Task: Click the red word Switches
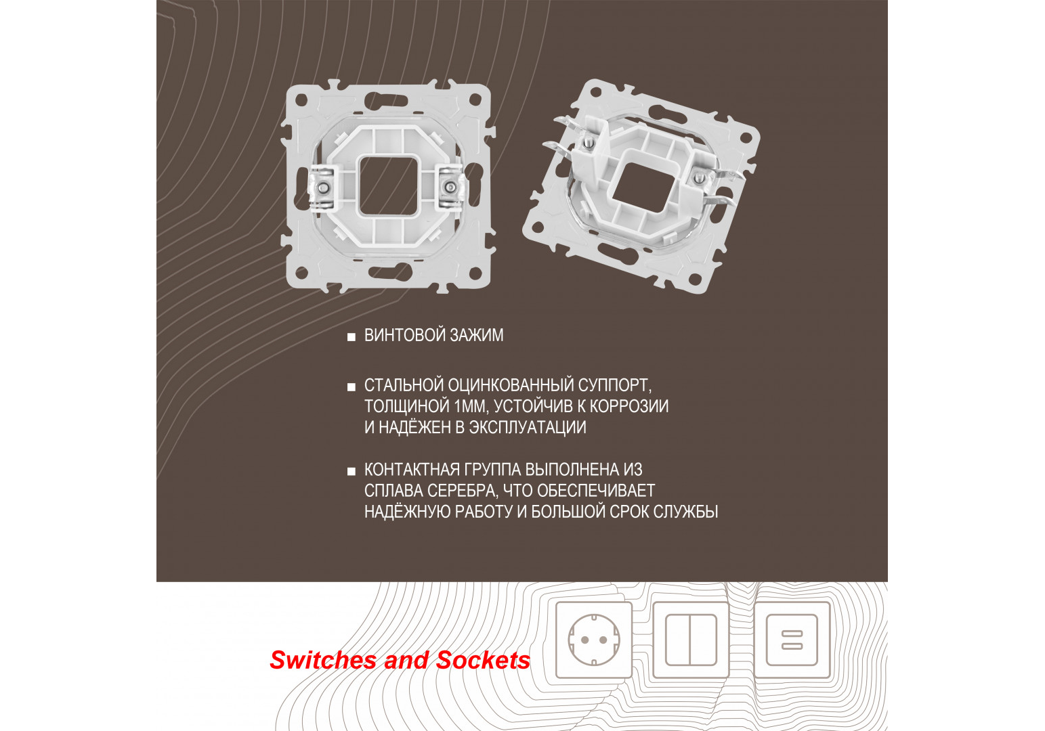[x=323, y=661]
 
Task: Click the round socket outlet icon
[x=594, y=640]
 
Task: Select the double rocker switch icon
[x=691, y=640]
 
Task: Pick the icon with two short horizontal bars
[x=792, y=640]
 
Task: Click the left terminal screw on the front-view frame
[x=322, y=187]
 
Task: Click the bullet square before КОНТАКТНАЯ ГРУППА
[x=351, y=471]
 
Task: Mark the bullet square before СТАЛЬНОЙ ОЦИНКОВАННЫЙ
[x=351, y=387]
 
